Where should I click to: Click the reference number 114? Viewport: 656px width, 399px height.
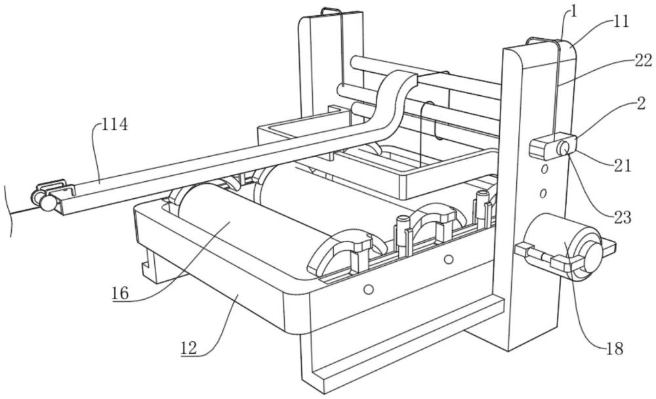pyautogui.click(x=114, y=124)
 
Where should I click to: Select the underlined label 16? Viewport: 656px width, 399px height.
pyautogui.click(x=119, y=293)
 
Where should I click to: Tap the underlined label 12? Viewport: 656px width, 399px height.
pyautogui.click(x=189, y=348)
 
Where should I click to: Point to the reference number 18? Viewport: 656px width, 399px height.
pyautogui.click(x=615, y=348)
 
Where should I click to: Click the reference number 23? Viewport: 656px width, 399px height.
pyautogui.click(x=622, y=217)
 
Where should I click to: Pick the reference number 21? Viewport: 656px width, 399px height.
pyautogui.click(x=622, y=166)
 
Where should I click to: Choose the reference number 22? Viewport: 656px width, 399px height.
pyautogui.click(x=643, y=61)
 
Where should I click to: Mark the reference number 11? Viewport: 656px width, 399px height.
pyautogui.click(x=621, y=22)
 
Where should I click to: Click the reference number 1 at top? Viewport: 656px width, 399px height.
pyautogui.click(x=573, y=11)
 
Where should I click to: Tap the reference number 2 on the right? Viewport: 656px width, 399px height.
pyautogui.click(x=641, y=103)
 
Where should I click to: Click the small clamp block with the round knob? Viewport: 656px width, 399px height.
pyautogui.click(x=553, y=146)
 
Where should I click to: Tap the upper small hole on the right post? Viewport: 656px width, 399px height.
pyautogui.click(x=544, y=169)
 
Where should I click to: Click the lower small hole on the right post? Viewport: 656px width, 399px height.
pyautogui.click(x=543, y=194)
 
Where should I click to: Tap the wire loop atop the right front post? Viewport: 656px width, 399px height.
pyautogui.click(x=543, y=41)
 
